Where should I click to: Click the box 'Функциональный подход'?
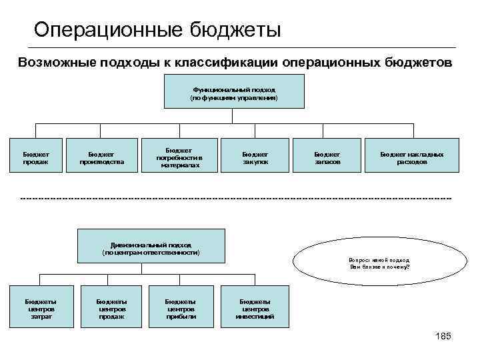tap(233, 91)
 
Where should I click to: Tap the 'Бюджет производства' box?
tap(101, 156)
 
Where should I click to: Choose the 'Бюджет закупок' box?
tap(255, 156)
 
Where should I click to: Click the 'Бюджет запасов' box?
tap(327, 156)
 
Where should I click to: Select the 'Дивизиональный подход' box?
tap(151, 246)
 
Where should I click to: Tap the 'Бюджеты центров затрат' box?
tap(41, 307)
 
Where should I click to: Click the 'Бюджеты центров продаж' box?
tap(111, 307)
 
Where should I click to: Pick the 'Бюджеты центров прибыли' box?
tap(180, 307)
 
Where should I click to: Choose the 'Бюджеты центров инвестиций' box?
tap(255, 307)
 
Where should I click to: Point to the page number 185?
tap(443, 337)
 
